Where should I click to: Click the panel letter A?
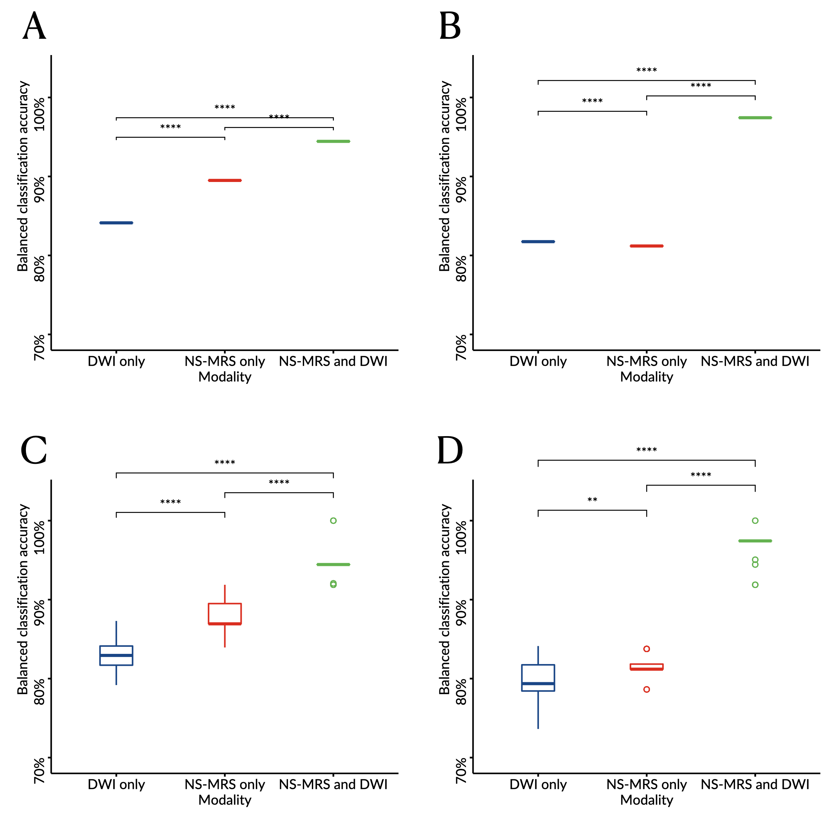click(x=34, y=26)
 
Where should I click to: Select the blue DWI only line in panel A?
click(x=116, y=223)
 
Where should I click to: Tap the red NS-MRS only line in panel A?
click(x=225, y=180)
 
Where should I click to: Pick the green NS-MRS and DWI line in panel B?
click(x=755, y=117)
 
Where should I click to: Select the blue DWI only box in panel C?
click(x=116, y=656)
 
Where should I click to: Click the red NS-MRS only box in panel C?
click(x=225, y=614)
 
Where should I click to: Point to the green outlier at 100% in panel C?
click(x=334, y=521)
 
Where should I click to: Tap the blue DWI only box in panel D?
click(x=538, y=678)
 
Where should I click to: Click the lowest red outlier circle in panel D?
click(x=647, y=689)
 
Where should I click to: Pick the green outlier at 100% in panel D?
click(x=755, y=521)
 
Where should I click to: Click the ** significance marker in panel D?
click(x=592, y=500)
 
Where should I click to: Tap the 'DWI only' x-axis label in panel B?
click(x=538, y=361)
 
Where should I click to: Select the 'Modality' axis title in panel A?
click(x=225, y=377)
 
